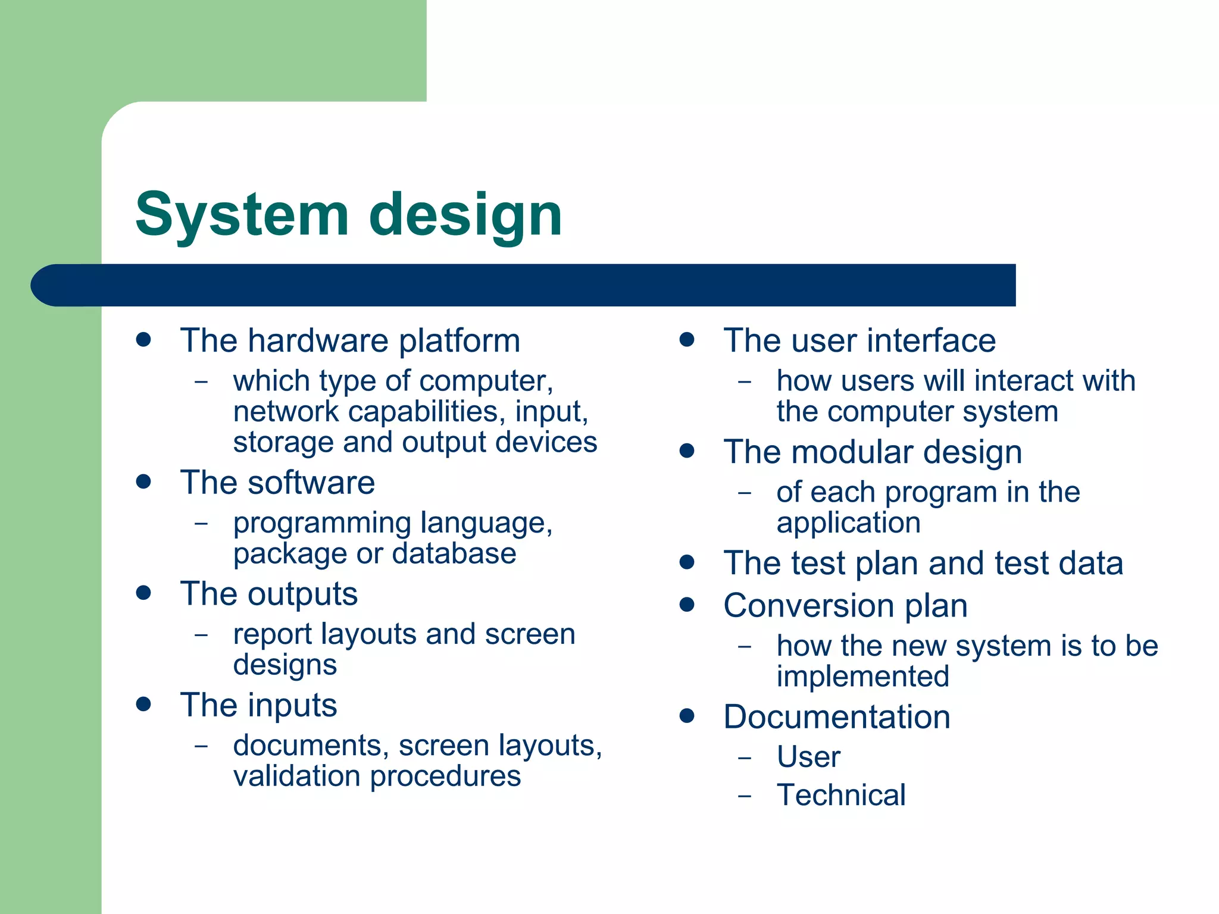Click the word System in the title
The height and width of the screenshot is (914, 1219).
click(242, 215)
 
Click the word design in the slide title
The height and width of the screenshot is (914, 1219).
click(465, 215)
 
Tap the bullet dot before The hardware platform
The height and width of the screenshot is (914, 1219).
click(143, 340)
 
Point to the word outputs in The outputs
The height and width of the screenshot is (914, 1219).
click(303, 594)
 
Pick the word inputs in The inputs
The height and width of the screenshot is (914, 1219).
click(292, 706)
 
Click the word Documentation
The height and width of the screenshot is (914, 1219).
click(836, 717)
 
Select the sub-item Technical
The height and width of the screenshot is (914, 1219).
click(841, 796)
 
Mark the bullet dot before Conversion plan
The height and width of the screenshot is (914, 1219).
click(687, 605)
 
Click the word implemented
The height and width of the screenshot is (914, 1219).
click(862, 677)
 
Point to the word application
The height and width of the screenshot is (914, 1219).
click(848, 523)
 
